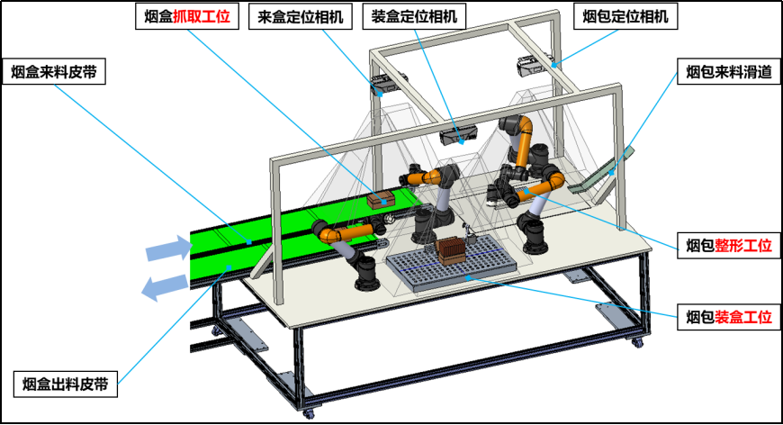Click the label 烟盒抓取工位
[187, 16]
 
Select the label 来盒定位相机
[300, 17]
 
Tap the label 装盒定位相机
[414, 16]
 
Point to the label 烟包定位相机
[625, 16]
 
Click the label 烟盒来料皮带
[54, 72]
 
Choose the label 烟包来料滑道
[729, 72]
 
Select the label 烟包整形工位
[729, 245]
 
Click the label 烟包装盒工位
[729, 317]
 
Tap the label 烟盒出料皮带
[66, 384]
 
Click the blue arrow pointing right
[169, 249]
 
